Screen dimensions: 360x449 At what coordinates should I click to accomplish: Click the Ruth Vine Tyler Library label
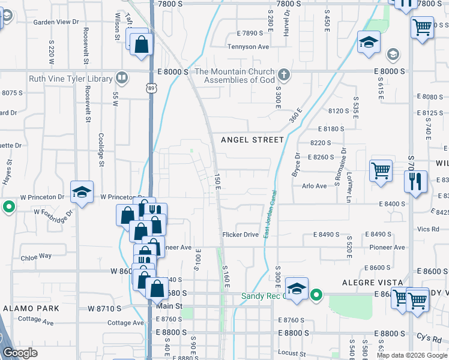(x=71, y=79)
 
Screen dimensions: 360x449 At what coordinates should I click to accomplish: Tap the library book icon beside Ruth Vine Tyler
(x=122, y=78)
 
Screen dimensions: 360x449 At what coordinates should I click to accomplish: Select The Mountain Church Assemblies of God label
(x=240, y=75)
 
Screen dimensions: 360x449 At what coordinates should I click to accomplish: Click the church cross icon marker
(x=285, y=76)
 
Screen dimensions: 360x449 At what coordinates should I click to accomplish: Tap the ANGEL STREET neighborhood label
(x=252, y=140)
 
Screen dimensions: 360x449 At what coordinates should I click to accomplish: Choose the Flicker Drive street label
(x=240, y=234)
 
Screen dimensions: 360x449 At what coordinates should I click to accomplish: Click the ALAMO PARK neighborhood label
(x=31, y=308)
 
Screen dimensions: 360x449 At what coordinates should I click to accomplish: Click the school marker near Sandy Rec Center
(x=297, y=289)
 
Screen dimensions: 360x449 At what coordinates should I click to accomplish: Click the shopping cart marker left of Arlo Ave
(x=381, y=172)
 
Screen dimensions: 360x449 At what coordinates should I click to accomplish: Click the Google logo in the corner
(x=20, y=353)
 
